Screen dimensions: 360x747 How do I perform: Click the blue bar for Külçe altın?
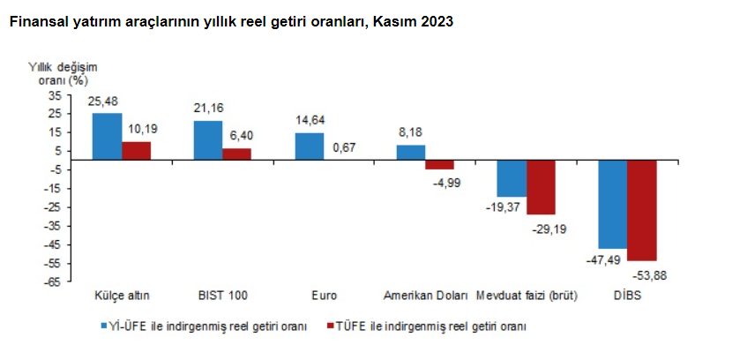(108, 137)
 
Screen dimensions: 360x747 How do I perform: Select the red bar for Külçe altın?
(136, 151)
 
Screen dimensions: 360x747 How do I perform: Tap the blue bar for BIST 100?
(208, 140)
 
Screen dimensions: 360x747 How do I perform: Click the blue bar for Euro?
(309, 146)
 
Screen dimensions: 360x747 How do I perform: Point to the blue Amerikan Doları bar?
(410, 153)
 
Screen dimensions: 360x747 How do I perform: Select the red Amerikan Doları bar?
(439, 165)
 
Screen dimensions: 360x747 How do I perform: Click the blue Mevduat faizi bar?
(512, 178)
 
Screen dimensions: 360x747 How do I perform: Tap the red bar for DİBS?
(641, 211)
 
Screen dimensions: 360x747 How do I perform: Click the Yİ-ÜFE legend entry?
(206, 326)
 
